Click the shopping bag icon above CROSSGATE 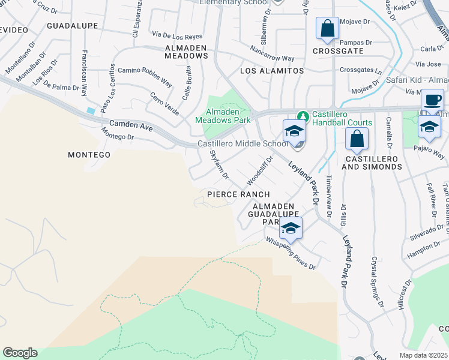coord(327,29)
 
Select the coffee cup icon coord(432,100)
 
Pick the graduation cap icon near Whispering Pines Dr coord(291,228)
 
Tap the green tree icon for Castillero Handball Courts coord(303,116)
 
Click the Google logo coord(20,353)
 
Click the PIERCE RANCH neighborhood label coord(238,194)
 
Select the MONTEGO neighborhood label coord(89,155)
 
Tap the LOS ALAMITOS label coord(272,71)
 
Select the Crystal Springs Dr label coord(378,282)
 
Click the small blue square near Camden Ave coord(91,111)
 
